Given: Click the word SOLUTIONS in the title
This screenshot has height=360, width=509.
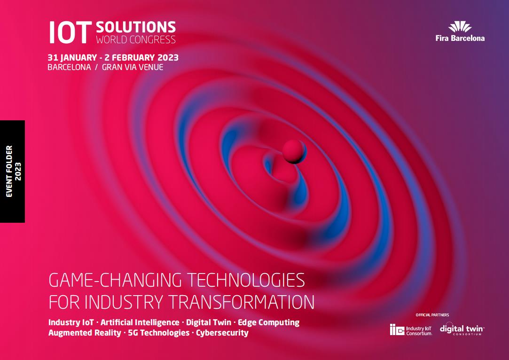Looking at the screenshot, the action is point(136,27).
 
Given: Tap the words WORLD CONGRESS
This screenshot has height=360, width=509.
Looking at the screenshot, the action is point(136,39).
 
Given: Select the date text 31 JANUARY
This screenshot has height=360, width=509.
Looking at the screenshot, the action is point(72,57).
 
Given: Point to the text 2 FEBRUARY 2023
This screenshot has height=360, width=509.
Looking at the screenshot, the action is point(141,57).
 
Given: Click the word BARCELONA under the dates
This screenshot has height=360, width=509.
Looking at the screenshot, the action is point(69,67).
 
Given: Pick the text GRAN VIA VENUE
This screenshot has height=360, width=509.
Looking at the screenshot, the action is point(133,67).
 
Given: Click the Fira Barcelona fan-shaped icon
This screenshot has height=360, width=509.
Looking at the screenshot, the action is point(460,27).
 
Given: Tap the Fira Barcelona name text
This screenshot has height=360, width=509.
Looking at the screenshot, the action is point(460,39).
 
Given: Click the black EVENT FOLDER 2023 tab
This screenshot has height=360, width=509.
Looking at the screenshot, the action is point(12,172).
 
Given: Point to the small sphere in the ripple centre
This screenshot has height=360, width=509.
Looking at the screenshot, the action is point(294,152).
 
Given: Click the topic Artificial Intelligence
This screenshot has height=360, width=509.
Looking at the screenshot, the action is point(140,322).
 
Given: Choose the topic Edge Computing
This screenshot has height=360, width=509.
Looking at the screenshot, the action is point(269,322).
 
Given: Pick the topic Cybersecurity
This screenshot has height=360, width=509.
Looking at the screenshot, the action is point(222,333).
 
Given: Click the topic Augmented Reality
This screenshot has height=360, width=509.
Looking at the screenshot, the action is point(85,333).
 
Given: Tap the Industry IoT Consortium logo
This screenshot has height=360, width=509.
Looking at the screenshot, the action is point(411,330).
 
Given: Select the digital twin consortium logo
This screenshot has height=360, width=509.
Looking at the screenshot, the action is point(462,329).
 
